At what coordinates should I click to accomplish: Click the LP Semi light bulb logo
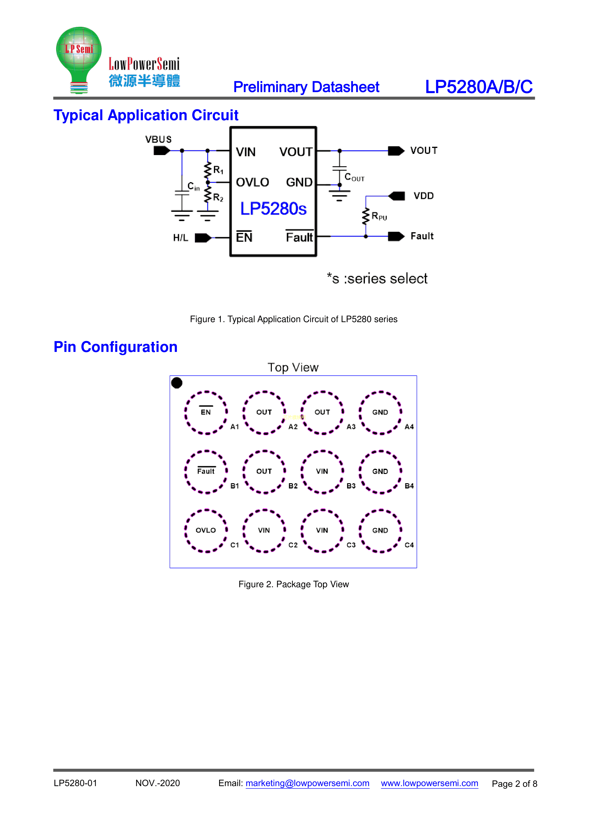(79, 60)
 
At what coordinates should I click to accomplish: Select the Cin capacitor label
(193, 186)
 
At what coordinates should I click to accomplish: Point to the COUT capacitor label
(354, 177)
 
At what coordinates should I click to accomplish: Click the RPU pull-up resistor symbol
(366, 216)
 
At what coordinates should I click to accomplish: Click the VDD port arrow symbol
(396, 196)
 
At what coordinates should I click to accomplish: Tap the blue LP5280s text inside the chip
(273, 209)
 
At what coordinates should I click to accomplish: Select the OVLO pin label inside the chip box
(252, 182)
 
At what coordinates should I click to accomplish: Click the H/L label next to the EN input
(180, 238)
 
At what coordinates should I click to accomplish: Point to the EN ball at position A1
(206, 412)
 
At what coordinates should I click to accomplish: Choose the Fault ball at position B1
(206, 472)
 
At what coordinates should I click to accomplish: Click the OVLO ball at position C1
(206, 530)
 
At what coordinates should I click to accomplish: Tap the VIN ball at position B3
(322, 472)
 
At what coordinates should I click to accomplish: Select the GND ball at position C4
(380, 530)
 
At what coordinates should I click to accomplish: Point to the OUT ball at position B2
(264, 472)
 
